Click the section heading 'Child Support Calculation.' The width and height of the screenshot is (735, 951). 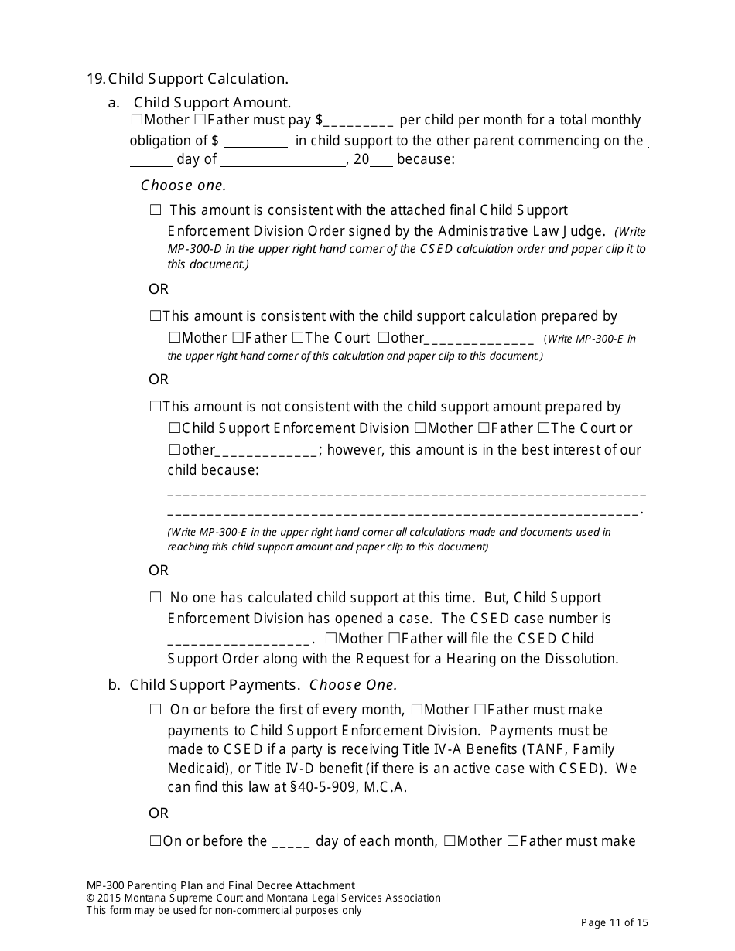[x=197, y=79]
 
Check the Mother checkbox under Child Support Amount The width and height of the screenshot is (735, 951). [x=137, y=120]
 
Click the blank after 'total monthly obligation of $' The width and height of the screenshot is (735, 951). [x=255, y=141]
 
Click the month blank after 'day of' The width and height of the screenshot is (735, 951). [x=283, y=161]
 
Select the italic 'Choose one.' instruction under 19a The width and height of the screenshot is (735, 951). [x=183, y=186]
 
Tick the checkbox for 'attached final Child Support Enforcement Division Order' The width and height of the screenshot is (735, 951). [x=156, y=210]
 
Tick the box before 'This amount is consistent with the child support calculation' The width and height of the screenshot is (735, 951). [x=156, y=316]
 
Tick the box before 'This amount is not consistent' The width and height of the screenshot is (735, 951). [x=156, y=407]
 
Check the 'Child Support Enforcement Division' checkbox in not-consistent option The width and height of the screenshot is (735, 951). [x=175, y=428]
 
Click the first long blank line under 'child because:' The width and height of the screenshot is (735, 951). [x=406, y=492]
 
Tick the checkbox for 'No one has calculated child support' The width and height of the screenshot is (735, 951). [x=156, y=598]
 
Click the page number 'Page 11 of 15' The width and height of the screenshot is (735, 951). [x=614, y=922]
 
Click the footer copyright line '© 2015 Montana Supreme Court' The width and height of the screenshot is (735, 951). [x=263, y=898]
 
